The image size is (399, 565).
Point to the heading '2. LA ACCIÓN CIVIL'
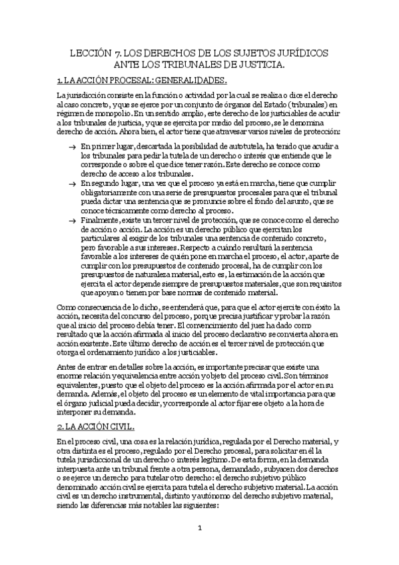pos(96,408)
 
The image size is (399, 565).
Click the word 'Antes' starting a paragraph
pos(67,368)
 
